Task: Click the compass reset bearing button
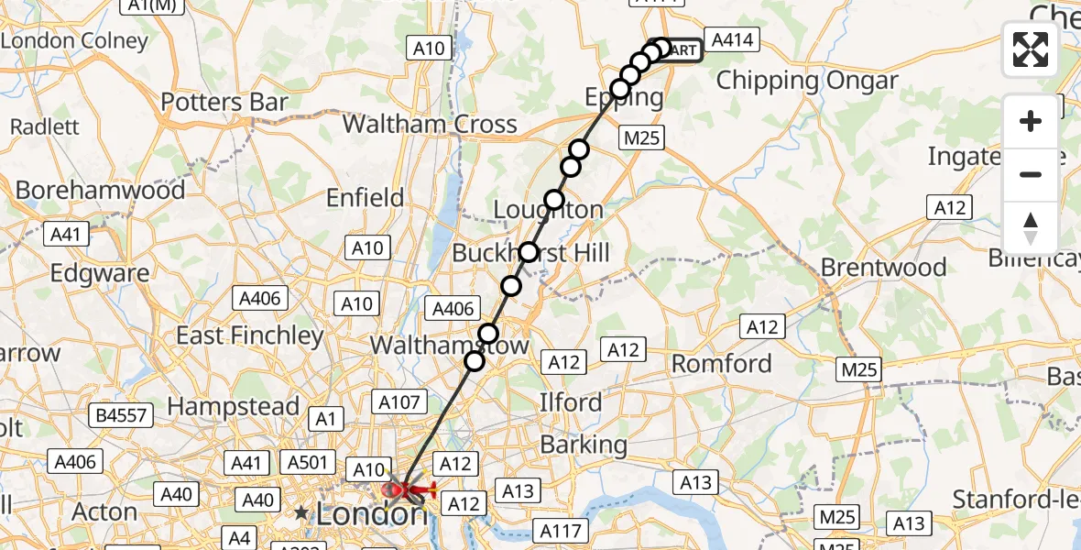(1031, 228)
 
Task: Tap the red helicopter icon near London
(407, 490)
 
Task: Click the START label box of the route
(680, 50)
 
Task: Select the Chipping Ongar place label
(807, 81)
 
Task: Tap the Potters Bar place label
(224, 103)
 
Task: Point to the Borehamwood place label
(101, 191)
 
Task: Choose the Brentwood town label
(883, 268)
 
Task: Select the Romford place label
(722, 364)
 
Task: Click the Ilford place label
(571, 402)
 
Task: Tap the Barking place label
(583, 445)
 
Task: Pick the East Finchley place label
(250, 336)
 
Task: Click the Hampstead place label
(234, 406)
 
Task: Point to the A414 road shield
(732, 39)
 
